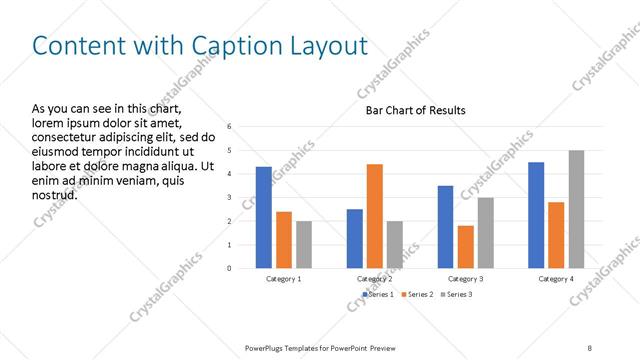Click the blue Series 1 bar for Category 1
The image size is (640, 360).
263,217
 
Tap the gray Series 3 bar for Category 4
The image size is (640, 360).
576,209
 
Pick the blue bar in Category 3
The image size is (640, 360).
445,227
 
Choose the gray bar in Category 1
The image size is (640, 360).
304,245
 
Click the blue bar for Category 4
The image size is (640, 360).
536,215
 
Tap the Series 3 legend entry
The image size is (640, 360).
456,295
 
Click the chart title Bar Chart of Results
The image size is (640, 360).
415,110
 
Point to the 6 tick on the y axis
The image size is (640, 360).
230,127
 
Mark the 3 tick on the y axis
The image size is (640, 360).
230,197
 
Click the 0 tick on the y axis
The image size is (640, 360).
230,268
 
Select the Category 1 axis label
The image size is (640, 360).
284,279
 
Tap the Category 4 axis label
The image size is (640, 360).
556,279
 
